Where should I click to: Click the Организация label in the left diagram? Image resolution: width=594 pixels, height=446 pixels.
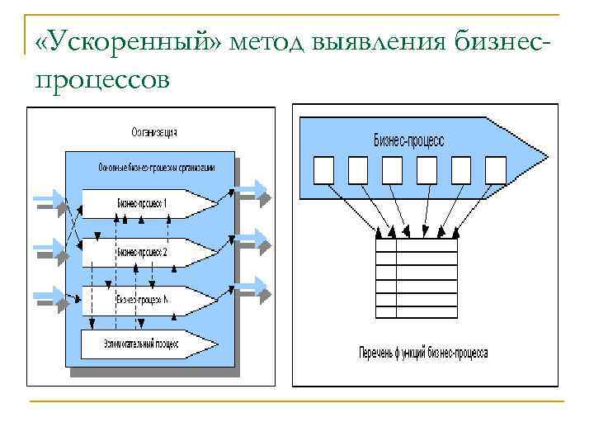tap(154, 132)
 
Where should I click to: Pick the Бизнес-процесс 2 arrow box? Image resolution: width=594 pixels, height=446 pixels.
tap(144, 251)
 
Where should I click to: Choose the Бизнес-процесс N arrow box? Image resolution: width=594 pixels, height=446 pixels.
tap(144, 299)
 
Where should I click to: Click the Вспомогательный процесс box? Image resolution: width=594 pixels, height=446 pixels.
tap(140, 343)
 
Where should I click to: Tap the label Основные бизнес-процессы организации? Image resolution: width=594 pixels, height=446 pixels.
tap(156, 168)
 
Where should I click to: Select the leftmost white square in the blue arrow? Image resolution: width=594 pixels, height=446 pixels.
tap(324, 169)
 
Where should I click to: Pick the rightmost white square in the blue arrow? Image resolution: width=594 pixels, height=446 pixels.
tap(495, 169)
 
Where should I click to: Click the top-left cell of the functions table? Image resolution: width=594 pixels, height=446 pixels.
tap(385, 245)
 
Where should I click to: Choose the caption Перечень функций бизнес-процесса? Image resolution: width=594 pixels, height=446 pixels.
tap(423, 353)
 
